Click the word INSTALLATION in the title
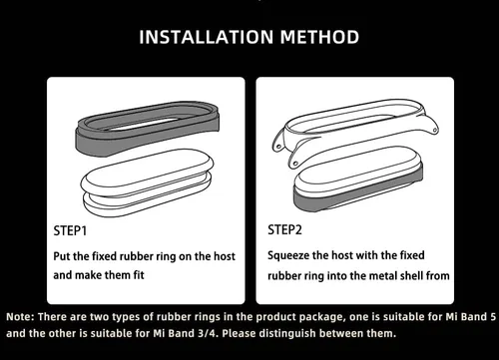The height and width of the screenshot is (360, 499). (207, 37)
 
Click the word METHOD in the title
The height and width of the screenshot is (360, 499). (319, 37)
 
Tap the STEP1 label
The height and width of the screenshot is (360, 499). (70, 230)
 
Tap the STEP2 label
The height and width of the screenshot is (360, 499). (284, 229)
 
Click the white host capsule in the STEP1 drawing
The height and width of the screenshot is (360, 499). (148, 182)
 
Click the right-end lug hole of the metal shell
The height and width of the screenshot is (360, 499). (434, 130)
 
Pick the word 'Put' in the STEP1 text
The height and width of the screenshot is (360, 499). (62, 256)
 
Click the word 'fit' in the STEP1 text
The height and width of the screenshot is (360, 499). (139, 275)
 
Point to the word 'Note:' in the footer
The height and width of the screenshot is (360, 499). (20, 317)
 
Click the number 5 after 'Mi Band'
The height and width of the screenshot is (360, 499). (493, 317)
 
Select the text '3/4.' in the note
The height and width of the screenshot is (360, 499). (209, 333)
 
